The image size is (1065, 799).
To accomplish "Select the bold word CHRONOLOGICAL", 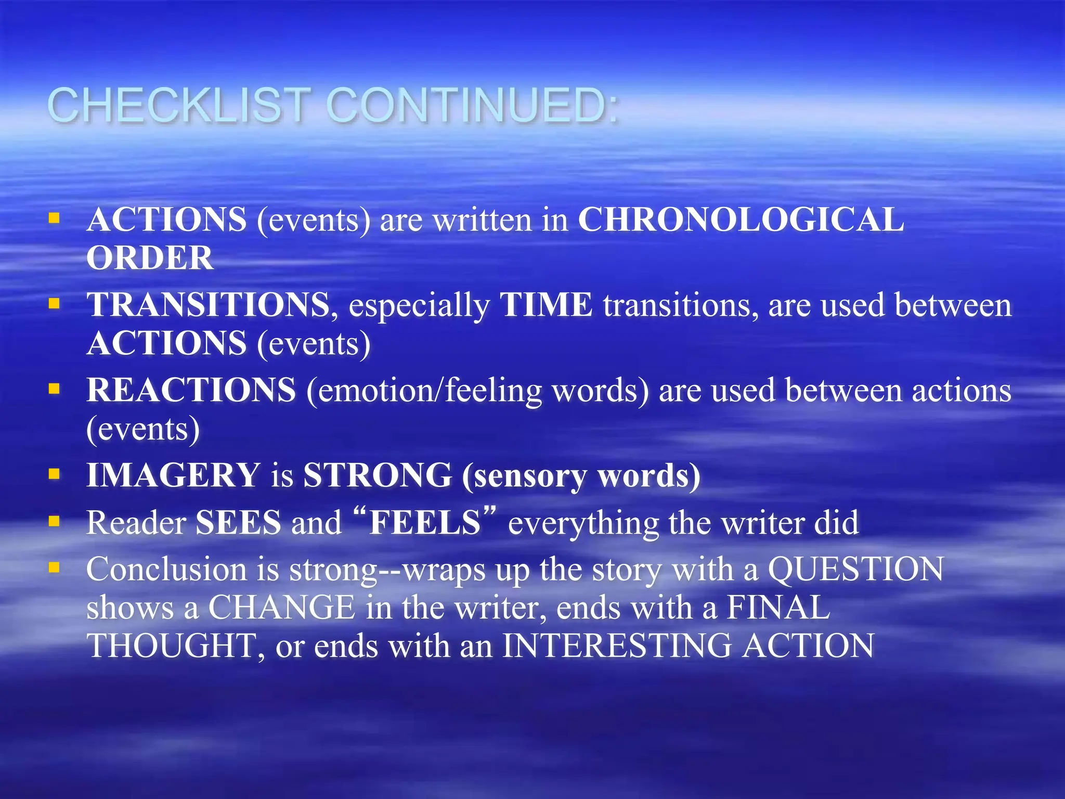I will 741,220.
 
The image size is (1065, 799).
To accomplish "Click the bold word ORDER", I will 150,258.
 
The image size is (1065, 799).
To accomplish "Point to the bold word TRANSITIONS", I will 208,305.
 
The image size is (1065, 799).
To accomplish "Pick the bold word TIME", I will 546,305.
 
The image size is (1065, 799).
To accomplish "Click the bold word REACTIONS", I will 191,390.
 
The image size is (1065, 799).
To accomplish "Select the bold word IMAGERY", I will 173,475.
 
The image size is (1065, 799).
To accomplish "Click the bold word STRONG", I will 378,475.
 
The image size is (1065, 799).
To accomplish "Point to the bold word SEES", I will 238,523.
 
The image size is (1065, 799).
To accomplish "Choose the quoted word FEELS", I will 424,523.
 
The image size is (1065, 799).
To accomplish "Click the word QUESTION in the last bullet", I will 855,569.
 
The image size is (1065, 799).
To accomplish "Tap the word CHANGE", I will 281,608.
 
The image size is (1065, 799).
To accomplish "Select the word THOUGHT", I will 171,646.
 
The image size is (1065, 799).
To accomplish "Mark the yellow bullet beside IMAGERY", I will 54,474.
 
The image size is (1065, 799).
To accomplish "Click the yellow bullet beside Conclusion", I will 54,567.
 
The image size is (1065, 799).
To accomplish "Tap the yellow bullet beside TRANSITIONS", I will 54,303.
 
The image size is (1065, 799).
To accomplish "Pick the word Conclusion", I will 166,569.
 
